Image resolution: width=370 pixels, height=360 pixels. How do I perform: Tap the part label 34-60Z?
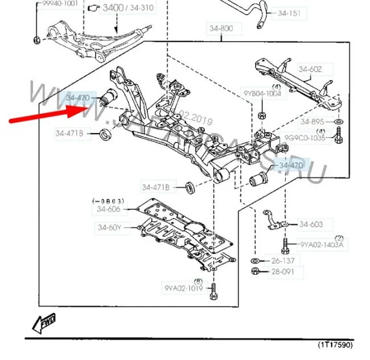click(311, 69)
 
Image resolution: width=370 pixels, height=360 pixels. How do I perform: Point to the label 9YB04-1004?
click(263, 94)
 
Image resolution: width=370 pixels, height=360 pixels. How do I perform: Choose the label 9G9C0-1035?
click(306, 138)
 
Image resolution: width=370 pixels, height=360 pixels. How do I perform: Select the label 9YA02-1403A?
click(322, 245)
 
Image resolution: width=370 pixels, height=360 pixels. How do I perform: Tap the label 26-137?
click(282, 261)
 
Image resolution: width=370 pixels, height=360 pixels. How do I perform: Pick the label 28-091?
click(282, 272)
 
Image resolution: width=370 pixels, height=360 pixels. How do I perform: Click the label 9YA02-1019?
click(183, 288)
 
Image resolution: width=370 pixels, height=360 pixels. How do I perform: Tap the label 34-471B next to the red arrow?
click(70, 134)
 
